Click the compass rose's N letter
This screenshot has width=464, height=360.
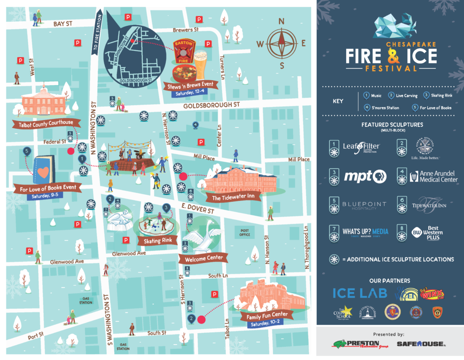(281, 21)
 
